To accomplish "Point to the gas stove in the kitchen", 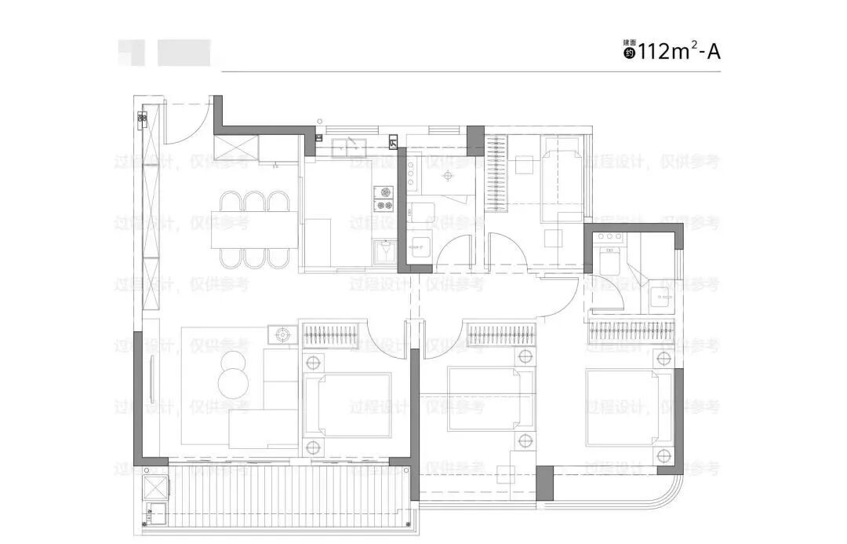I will (384, 198).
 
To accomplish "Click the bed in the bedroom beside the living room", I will (348, 404).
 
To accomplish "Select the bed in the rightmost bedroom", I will (627, 407).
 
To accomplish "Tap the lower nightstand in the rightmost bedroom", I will (665, 456).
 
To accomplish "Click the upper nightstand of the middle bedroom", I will (525, 357).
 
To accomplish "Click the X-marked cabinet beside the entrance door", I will (242, 146).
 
